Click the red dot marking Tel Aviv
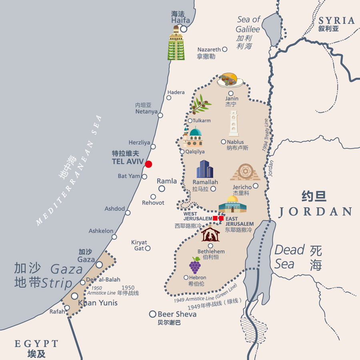coord(148,164)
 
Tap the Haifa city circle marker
coord(184,29)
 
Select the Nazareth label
coord(209,50)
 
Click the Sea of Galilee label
coord(248,24)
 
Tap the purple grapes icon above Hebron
coord(195,265)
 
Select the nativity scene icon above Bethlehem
coord(210,234)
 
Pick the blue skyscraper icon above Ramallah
coord(205,169)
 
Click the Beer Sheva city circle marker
coord(152,314)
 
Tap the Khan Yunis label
coord(98,303)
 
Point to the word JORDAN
coord(315,212)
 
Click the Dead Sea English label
coord(290,257)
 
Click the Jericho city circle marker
coord(256,186)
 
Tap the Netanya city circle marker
coord(160,115)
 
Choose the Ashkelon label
coord(101,231)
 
